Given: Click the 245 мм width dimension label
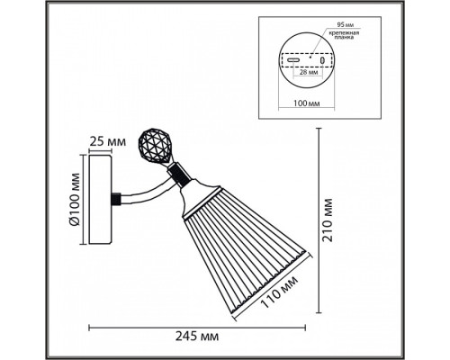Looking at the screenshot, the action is [x=197, y=337].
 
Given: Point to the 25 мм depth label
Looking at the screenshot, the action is [x=108, y=141].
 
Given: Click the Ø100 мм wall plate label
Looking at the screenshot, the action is [x=75, y=199].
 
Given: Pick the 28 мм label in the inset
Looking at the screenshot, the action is [x=307, y=73].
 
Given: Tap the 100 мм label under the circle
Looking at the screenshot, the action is [x=306, y=103].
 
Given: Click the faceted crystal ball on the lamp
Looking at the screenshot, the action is [x=151, y=146].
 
